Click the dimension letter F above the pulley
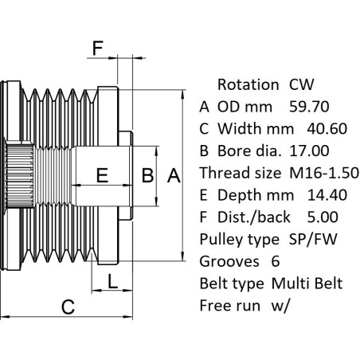point(98,49)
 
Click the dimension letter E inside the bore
point(102,175)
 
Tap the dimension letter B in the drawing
point(147,175)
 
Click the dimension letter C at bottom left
point(68,305)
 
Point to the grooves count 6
point(276,260)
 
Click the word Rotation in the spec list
point(247,84)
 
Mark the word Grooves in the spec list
point(228,260)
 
